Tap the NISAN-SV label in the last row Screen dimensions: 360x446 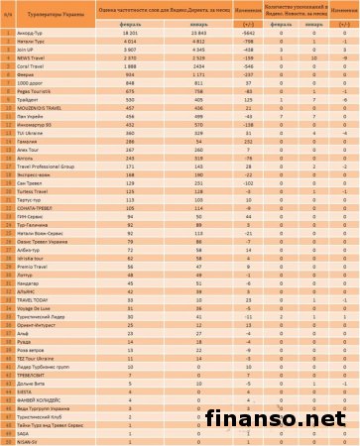(x=28, y=441)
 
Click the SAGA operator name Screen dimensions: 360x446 (x=24, y=433)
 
